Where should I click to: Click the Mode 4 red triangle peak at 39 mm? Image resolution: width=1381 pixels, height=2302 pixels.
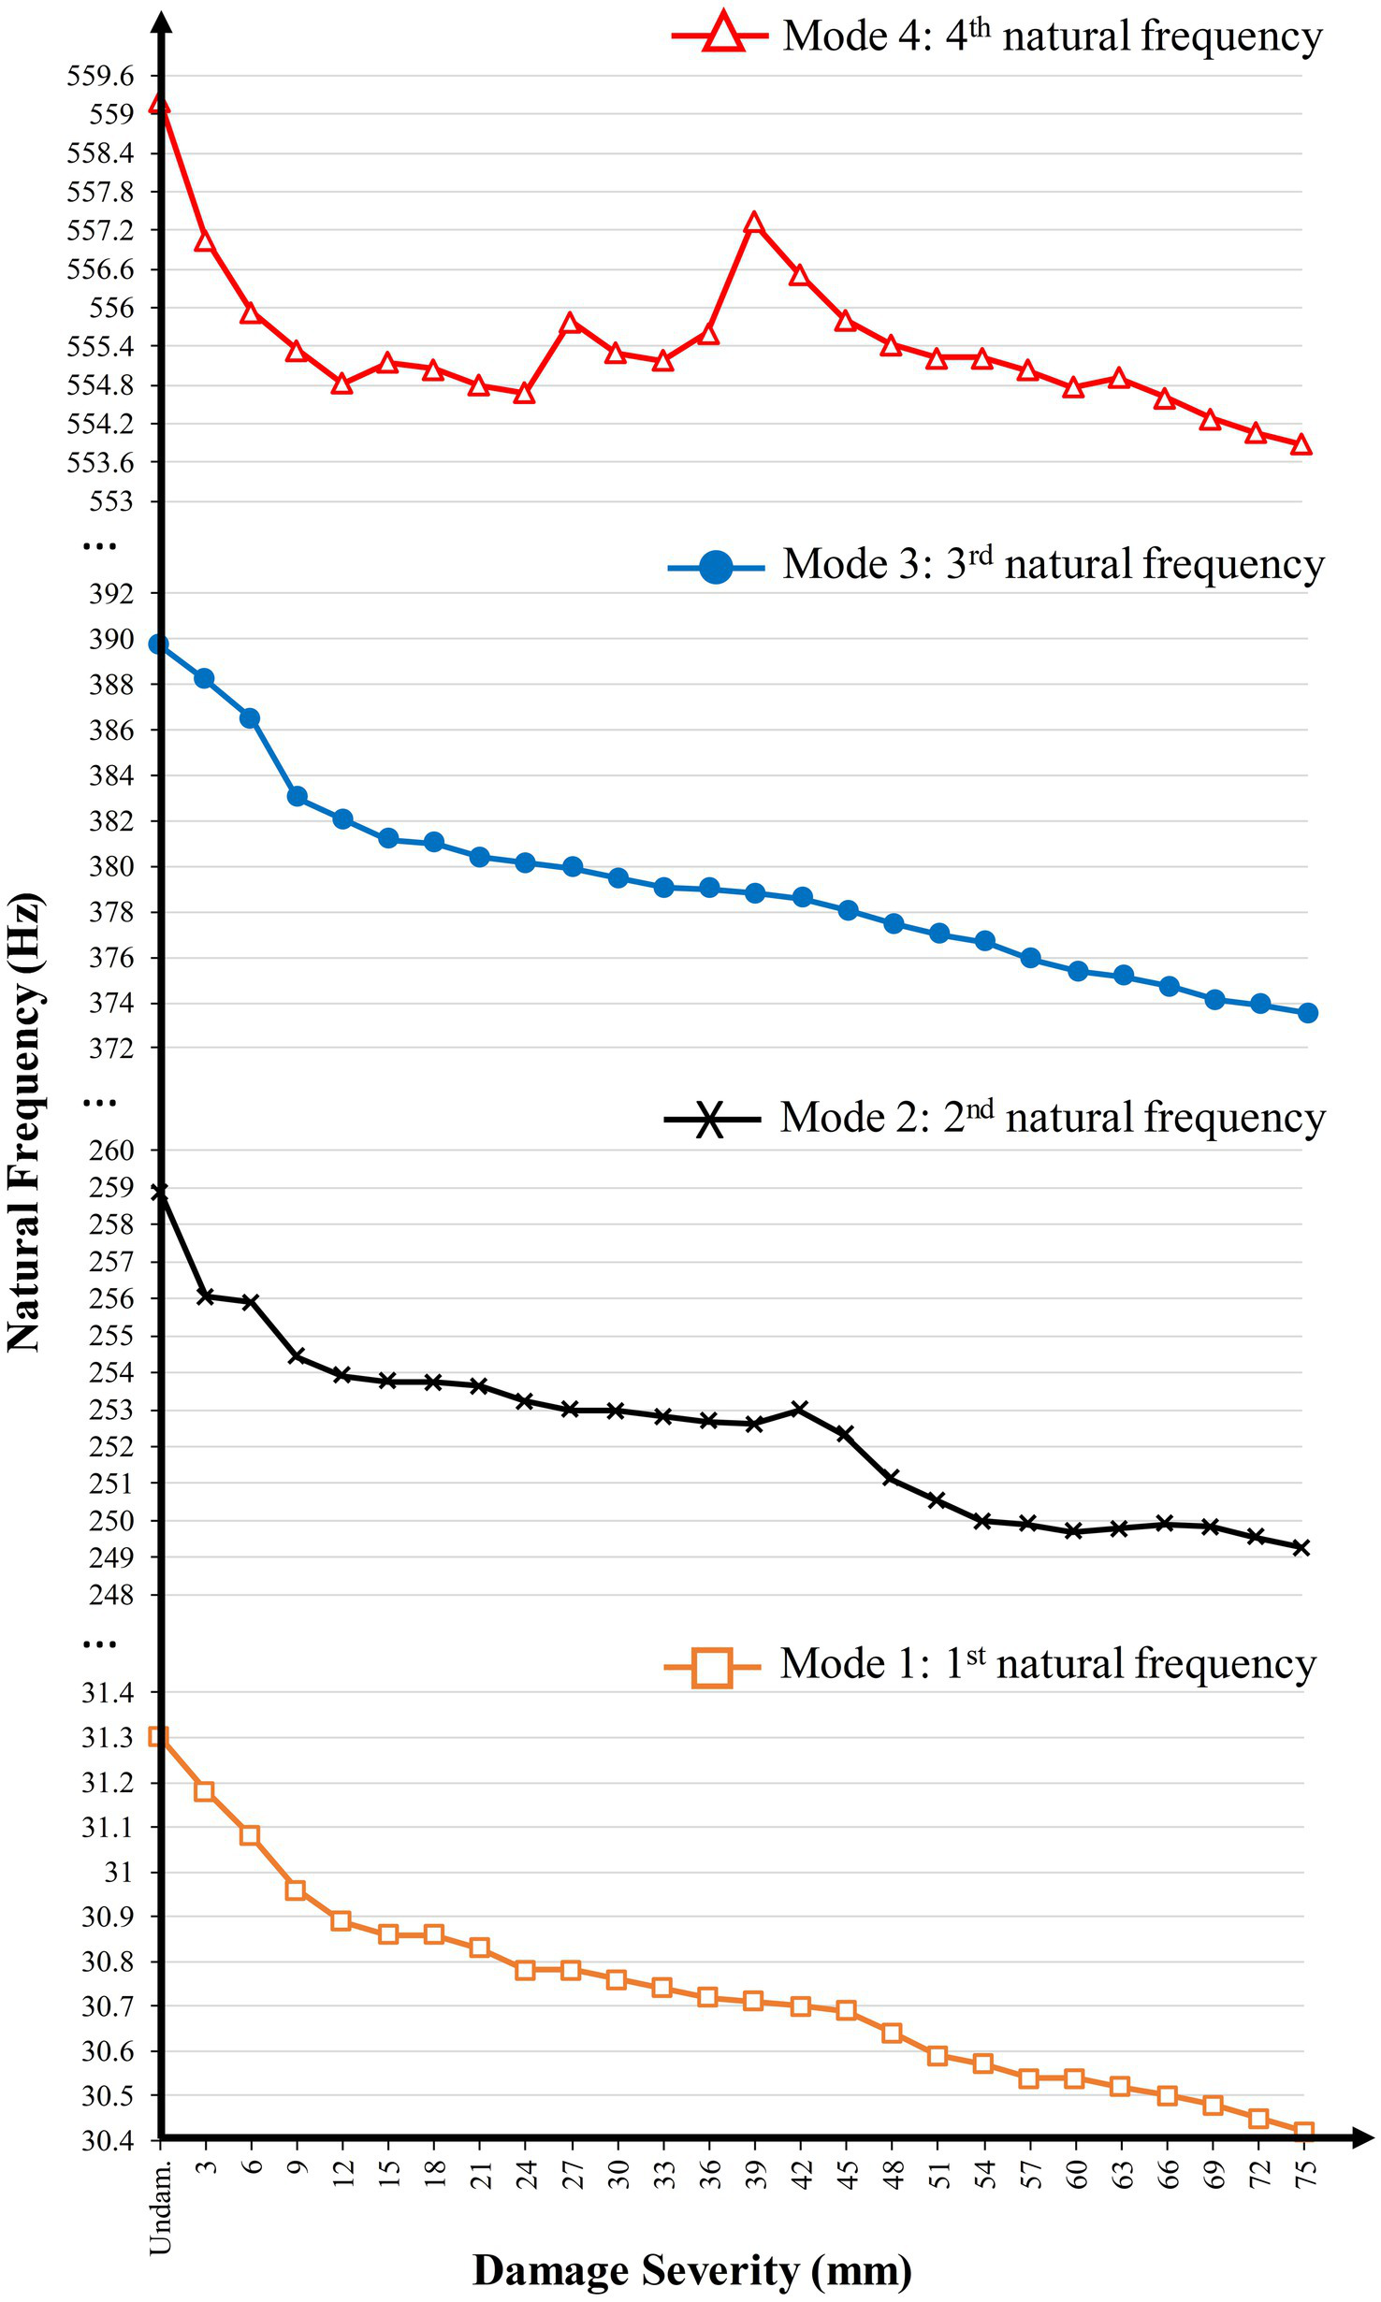[754, 224]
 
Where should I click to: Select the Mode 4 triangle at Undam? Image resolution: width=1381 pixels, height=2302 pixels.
[159, 104]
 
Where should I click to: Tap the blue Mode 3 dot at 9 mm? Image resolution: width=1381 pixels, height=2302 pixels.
[297, 796]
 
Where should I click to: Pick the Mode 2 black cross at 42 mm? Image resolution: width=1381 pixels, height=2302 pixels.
[799, 1409]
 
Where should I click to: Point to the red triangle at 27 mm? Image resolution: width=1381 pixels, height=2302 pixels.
[571, 324]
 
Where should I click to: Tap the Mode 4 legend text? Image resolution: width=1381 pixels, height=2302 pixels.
[1053, 37]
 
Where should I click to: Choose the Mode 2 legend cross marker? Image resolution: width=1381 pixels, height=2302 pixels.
[711, 1119]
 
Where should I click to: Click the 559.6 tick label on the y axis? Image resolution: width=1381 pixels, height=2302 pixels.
[99, 76]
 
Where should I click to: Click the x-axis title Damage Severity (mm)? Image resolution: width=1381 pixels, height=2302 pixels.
[691, 2270]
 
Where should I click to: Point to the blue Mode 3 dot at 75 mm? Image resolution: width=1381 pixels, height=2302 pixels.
[1307, 1013]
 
